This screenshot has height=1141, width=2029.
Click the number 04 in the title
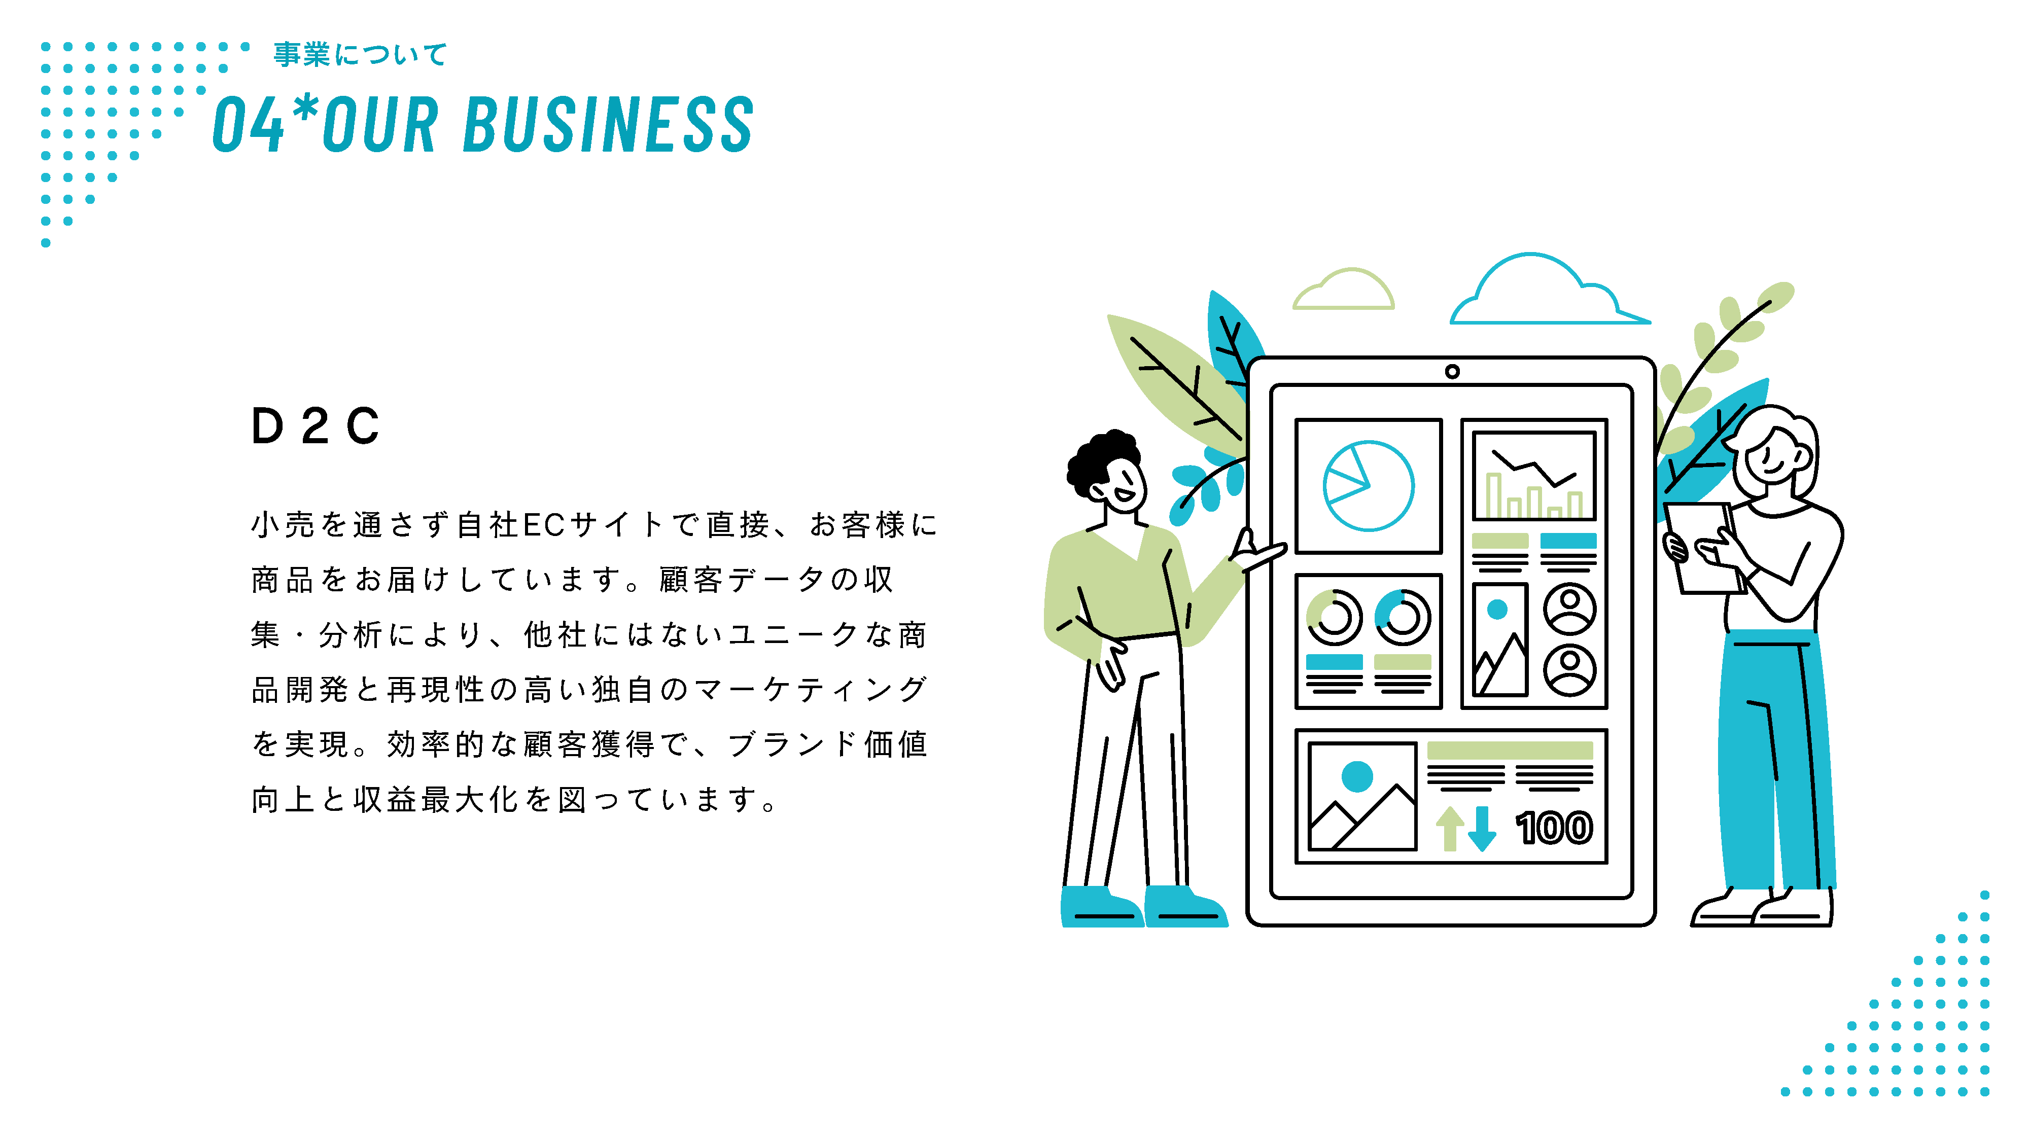click(248, 124)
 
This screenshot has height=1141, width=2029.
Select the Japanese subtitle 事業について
click(360, 54)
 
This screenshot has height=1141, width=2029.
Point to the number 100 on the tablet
click(1554, 829)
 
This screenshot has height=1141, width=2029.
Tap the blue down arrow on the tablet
click(1482, 829)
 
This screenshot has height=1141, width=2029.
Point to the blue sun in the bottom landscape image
click(1356, 776)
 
